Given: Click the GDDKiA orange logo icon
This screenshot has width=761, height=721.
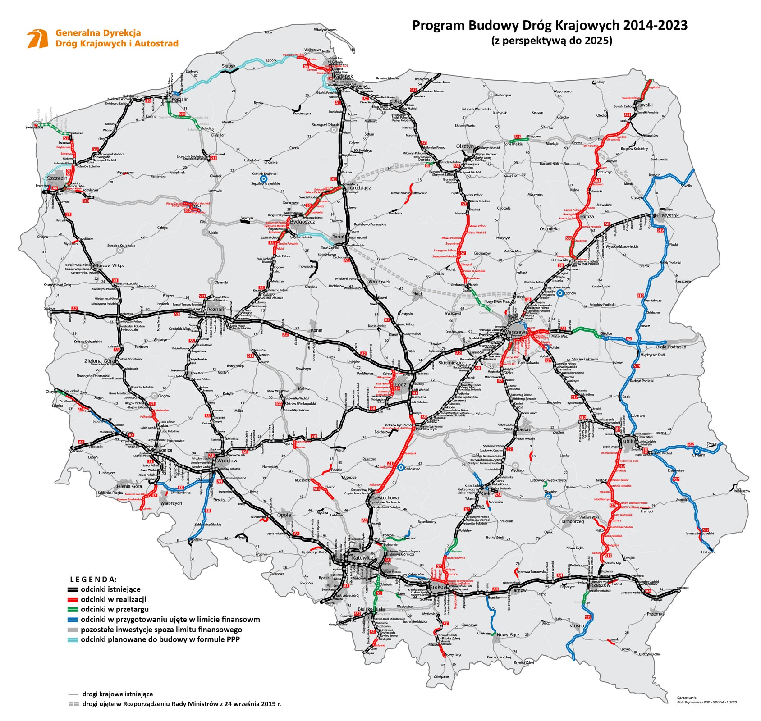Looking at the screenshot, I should tap(38, 39).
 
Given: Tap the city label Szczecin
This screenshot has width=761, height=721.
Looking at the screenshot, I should tap(56, 178).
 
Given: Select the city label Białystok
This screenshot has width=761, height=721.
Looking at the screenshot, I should tap(668, 215).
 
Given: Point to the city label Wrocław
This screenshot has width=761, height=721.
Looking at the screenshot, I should tap(227, 461).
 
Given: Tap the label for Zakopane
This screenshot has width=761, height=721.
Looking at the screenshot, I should tap(441, 676).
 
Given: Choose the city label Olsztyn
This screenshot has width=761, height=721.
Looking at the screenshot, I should tap(465, 146).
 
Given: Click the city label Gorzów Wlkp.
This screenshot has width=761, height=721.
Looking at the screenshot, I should tap(109, 265).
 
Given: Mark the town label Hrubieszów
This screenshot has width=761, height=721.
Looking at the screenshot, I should tap(741, 491).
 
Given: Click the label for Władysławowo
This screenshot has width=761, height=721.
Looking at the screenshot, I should tap(325, 30).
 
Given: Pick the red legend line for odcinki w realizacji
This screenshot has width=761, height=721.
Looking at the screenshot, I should tap(72, 599).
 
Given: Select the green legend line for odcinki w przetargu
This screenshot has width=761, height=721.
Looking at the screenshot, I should tap(72, 609).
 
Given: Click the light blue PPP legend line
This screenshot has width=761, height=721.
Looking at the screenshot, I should tap(72, 639).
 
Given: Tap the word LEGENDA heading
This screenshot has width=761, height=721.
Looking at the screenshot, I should tap(93, 579).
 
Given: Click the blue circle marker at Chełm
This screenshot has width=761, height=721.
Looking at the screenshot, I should tap(697, 450).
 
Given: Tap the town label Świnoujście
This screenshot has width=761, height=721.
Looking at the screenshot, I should tap(34, 128).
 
